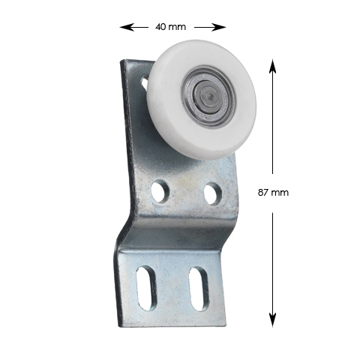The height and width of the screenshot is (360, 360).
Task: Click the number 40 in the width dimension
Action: click(160, 27)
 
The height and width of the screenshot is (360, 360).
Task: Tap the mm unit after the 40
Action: click(177, 27)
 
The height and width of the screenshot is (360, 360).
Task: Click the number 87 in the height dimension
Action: click(263, 193)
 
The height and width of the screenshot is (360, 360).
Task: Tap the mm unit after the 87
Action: click(280, 193)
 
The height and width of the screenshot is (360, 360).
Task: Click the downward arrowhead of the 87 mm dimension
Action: click(271, 321)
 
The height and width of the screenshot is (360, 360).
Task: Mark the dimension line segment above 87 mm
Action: click(271, 127)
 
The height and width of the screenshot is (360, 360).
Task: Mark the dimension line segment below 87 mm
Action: click(271, 262)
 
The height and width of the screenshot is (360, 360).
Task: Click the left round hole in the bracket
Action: click(159, 191)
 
